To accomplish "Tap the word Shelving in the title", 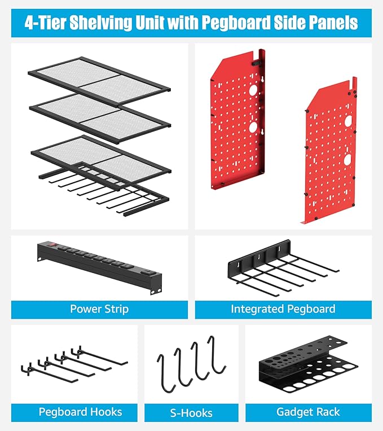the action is [101, 23].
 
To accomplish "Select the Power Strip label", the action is [99, 309].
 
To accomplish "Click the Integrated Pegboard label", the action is [283, 309].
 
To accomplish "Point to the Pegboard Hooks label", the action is [80, 412].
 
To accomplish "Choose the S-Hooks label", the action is [191, 413].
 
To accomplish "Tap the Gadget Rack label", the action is [309, 412].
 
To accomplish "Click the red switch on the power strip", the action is [53, 244].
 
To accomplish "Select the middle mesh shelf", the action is [100, 118].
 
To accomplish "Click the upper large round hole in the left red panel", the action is [253, 90].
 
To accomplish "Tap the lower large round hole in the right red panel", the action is [348, 160].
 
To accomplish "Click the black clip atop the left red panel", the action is [256, 63].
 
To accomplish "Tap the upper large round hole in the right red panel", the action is [348, 121].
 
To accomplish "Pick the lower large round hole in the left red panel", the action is [253, 127].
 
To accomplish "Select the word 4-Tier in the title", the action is [45, 23].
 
